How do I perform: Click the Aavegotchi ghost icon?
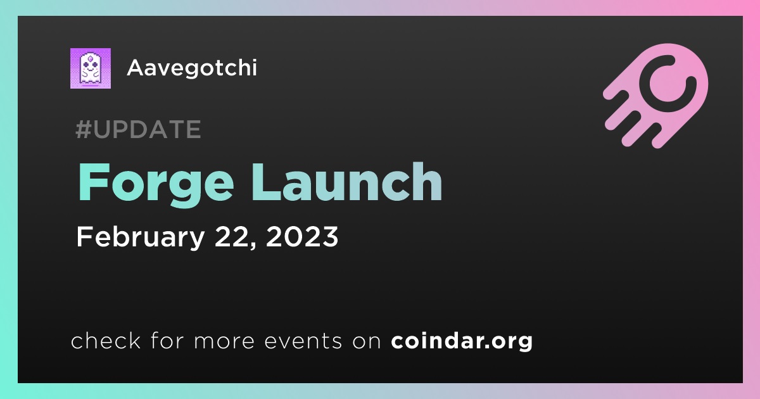click(90, 68)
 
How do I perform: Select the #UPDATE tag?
click(139, 129)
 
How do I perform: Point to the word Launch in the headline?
click(347, 182)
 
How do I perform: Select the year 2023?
click(302, 236)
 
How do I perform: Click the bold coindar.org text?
click(462, 341)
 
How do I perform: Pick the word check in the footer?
click(106, 340)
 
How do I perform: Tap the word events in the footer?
click(303, 341)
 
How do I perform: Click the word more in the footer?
click(224, 341)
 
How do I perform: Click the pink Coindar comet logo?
click(656, 96)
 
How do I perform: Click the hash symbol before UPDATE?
click(84, 129)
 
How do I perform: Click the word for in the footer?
click(167, 340)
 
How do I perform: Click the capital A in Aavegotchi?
click(137, 68)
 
